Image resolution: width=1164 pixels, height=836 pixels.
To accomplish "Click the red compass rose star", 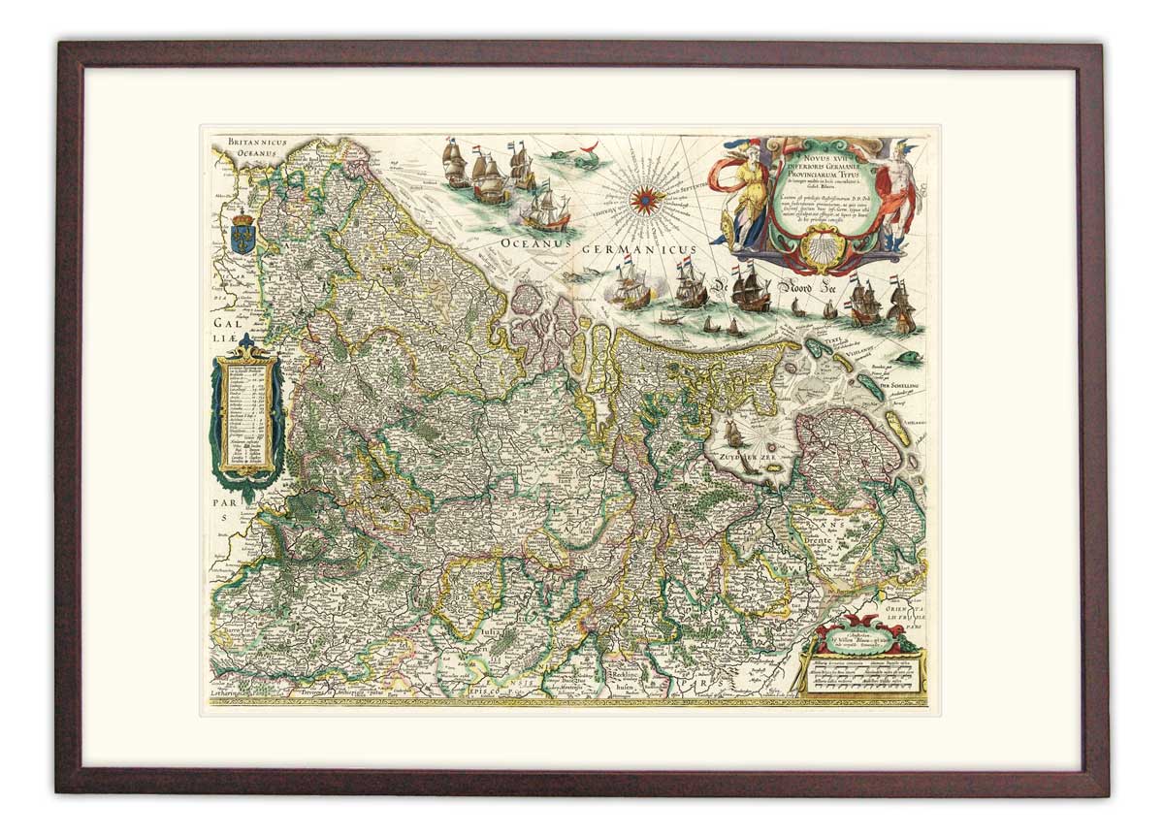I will [x=642, y=200].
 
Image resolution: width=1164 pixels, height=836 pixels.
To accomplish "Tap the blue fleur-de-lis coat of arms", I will [x=242, y=235].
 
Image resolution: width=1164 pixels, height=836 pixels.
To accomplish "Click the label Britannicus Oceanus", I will [x=253, y=146].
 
